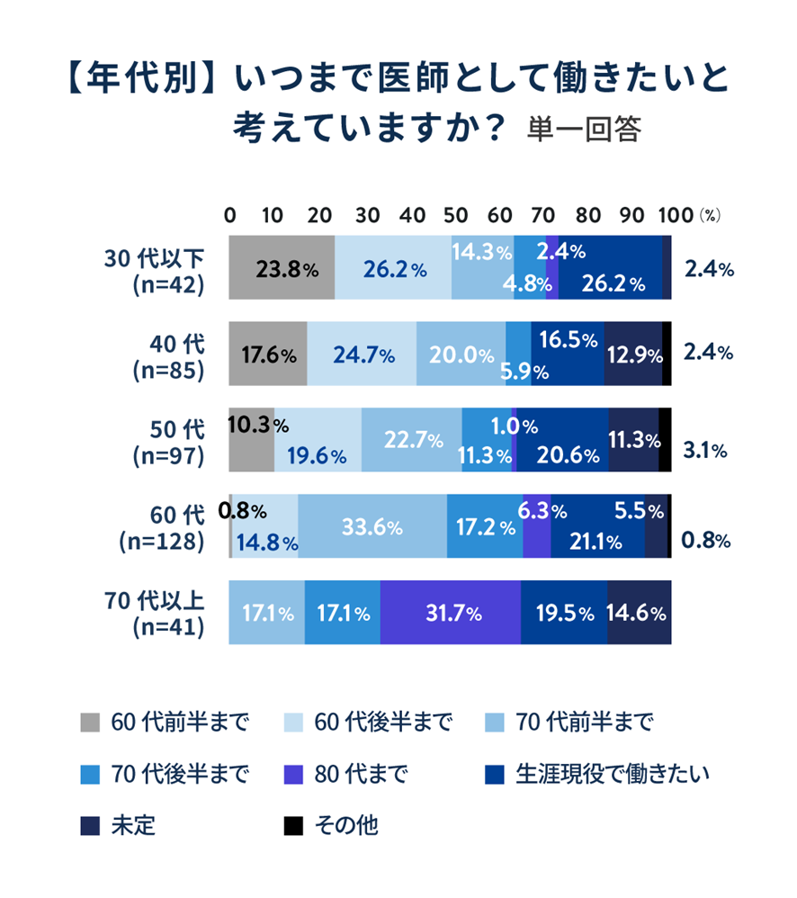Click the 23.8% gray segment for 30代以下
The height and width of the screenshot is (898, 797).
(282, 267)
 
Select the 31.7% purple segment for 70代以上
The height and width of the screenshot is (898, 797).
(450, 614)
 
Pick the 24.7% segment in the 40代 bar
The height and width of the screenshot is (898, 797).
(362, 354)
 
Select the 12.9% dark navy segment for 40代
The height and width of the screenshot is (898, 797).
(632, 354)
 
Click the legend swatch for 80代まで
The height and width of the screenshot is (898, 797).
(291, 774)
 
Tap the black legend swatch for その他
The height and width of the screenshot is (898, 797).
(291, 825)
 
